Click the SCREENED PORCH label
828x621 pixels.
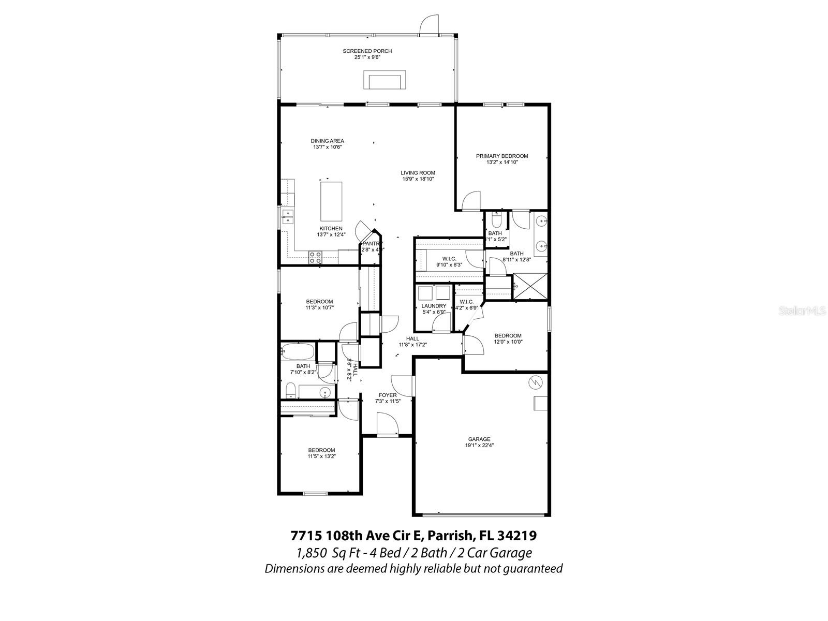367,51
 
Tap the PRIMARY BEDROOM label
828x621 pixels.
502,156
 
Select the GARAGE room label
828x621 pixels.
480,439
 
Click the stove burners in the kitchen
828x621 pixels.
315,257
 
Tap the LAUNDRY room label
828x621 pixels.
434,306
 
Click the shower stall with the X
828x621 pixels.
530,287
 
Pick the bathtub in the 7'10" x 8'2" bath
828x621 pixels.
298,352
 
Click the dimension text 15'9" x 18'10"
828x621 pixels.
418,179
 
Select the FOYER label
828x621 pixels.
388,395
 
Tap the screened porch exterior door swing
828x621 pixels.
429,25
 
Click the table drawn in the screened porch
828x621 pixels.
386,82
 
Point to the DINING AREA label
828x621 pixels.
327,141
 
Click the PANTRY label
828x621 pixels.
372,244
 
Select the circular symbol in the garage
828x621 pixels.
535,382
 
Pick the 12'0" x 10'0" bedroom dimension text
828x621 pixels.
508,342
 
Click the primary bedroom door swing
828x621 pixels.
470,201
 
